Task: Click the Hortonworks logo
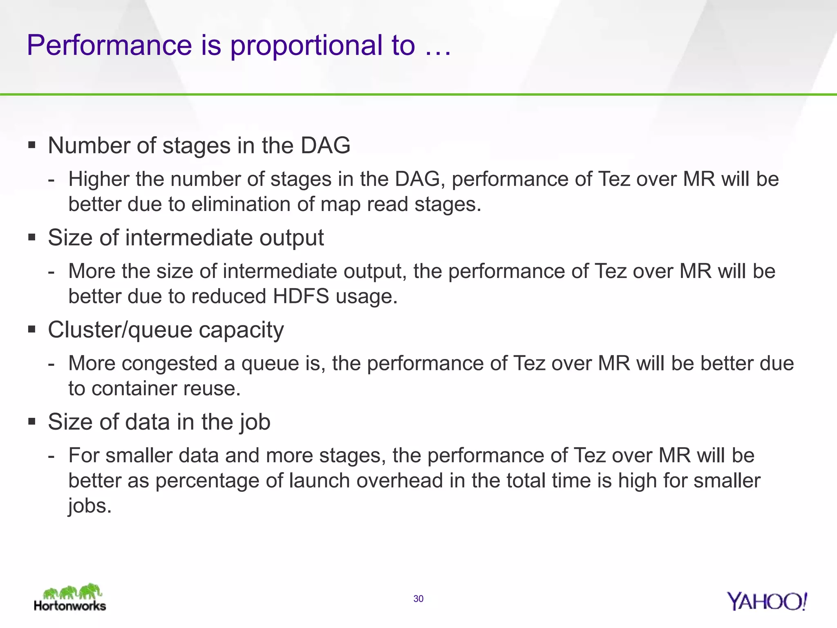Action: (70, 597)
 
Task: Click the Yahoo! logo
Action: (767, 601)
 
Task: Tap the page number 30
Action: (418, 599)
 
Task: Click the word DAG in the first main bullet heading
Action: (325, 146)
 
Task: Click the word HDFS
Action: (301, 296)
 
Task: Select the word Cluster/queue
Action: (120, 330)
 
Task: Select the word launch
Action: (319, 480)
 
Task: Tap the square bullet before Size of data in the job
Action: (32, 421)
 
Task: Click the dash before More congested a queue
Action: (51, 363)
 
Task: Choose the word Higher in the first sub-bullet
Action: (98, 179)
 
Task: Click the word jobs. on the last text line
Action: (90, 506)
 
